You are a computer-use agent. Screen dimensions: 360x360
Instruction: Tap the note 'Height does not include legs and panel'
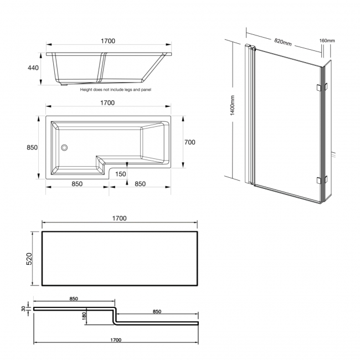coord(115,89)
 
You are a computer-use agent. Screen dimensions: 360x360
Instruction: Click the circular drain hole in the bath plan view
coord(64,148)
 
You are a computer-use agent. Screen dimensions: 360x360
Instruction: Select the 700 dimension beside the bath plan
coord(189,142)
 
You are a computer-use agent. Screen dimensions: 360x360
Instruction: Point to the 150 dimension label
coord(121,173)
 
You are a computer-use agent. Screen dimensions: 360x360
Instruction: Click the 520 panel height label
coord(29,259)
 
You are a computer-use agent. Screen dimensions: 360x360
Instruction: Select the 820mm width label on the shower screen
coord(283,43)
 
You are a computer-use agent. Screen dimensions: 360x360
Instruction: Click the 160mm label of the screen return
coord(327,40)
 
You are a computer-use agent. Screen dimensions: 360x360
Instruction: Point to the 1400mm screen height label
coord(233,105)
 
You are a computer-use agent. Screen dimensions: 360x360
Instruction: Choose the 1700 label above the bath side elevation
coord(108,40)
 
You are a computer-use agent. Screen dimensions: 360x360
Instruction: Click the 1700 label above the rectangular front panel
coord(119,218)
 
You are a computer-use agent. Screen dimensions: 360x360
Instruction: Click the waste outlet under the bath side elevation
coord(63,85)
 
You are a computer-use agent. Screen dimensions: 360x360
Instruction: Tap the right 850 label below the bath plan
coord(140,184)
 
